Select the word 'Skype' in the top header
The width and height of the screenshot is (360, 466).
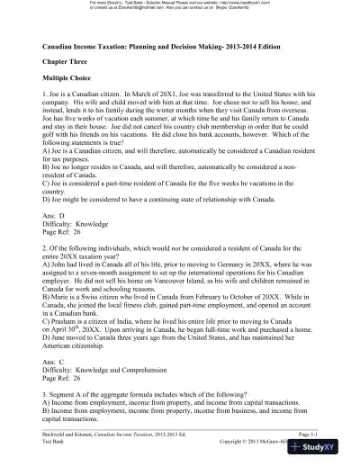(236, 9)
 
